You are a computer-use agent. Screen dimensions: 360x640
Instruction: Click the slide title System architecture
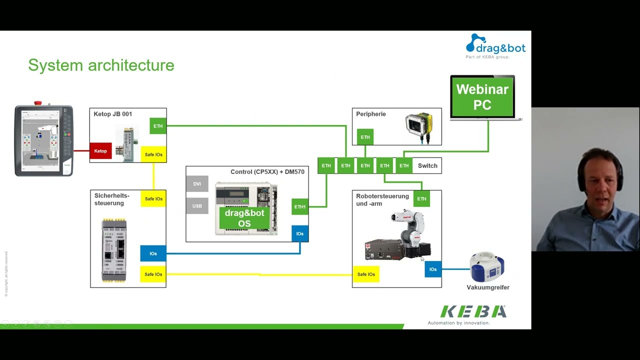click(x=101, y=65)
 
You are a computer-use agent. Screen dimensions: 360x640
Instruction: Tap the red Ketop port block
click(x=100, y=151)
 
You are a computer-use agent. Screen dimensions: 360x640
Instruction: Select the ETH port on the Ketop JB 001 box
click(x=158, y=126)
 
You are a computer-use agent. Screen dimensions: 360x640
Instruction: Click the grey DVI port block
click(x=197, y=184)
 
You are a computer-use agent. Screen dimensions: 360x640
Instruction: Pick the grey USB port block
click(x=197, y=206)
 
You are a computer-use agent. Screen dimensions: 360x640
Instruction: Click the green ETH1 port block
click(x=300, y=206)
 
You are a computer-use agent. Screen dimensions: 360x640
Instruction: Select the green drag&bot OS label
click(x=244, y=218)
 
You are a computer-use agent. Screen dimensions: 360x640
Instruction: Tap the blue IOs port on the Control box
click(x=300, y=233)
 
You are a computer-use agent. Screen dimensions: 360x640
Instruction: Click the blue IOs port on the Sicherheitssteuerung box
click(x=153, y=253)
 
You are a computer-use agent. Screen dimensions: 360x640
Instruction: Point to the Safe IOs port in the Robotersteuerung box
click(x=366, y=274)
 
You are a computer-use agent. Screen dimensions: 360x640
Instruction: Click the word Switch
click(x=427, y=165)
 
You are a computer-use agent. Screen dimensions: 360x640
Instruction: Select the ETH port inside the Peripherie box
click(x=365, y=137)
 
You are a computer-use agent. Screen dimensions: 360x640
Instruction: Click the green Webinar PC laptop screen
click(x=482, y=97)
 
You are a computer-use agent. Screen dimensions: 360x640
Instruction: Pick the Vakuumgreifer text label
click(x=488, y=287)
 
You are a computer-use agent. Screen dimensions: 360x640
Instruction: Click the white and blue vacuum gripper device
click(x=487, y=267)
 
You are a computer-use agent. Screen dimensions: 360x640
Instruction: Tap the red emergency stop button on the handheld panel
click(x=38, y=103)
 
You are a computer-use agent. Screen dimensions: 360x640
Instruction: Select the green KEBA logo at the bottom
click(x=473, y=311)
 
